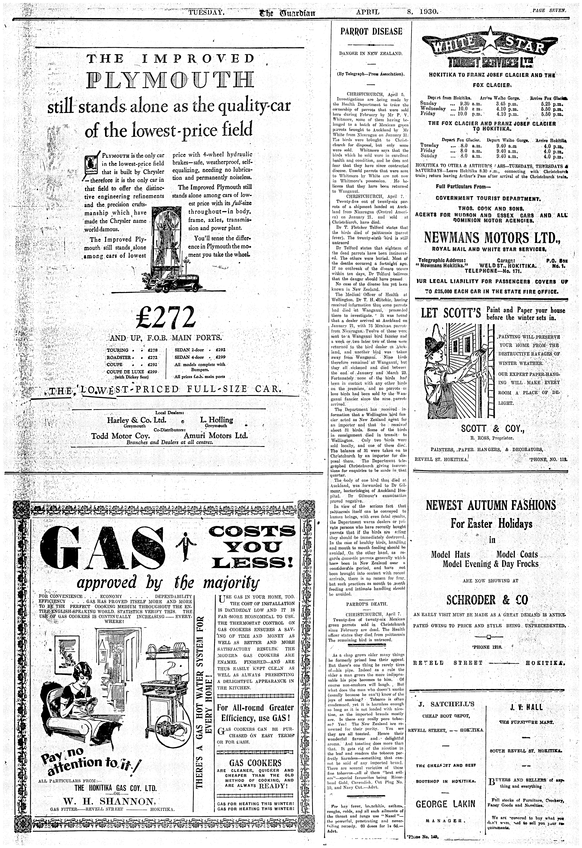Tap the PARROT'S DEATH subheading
[x=369, y=604]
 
